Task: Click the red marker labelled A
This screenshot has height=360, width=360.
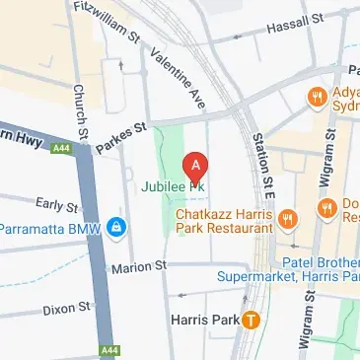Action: (x=197, y=164)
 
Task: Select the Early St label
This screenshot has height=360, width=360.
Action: (x=56, y=205)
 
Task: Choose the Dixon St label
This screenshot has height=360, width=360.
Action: (x=66, y=309)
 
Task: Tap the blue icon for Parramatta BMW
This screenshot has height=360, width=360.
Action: (x=116, y=229)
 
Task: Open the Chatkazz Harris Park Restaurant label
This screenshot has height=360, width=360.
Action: (x=223, y=220)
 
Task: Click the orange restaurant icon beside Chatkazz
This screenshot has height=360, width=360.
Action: (x=288, y=218)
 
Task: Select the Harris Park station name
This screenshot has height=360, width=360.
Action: (x=205, y=319)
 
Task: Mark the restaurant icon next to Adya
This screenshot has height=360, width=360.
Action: (x=316, y=97)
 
